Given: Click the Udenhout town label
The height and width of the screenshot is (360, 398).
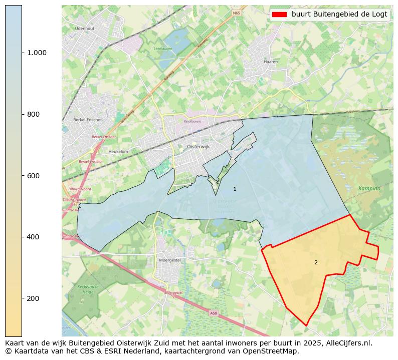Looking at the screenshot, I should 85,29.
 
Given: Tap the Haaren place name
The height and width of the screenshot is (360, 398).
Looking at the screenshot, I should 270,62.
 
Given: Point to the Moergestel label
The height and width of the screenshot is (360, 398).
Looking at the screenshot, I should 169,260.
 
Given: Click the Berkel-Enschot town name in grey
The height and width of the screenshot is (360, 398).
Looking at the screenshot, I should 87,120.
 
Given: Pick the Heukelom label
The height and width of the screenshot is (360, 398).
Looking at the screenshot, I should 118,151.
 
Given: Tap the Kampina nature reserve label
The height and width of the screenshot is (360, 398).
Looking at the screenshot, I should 369,188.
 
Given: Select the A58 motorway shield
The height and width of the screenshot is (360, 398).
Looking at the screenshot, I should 214,313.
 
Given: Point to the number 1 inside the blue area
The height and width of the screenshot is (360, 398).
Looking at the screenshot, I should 235,189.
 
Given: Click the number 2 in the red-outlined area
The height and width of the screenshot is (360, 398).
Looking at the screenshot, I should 316,262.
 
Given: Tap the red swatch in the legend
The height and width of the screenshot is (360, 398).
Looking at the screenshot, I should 279,15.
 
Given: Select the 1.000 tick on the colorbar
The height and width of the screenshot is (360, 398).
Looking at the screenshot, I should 36,53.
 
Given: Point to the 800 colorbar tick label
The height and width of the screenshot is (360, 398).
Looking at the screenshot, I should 33,114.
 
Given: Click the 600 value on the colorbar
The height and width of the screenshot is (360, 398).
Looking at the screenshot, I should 33,176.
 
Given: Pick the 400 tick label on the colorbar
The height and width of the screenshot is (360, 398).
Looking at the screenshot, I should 33,237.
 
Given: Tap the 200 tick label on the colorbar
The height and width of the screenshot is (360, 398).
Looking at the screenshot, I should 33,298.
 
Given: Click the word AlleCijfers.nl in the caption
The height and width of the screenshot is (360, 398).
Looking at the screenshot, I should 347,343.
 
